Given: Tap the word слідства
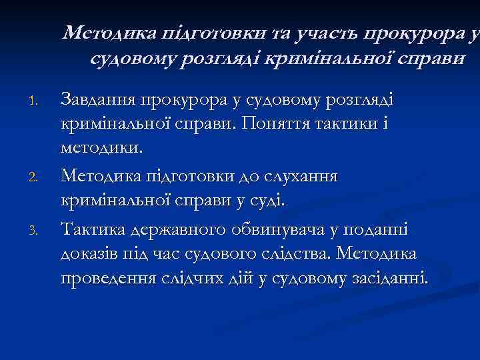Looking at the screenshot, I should [x=297, y=254].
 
